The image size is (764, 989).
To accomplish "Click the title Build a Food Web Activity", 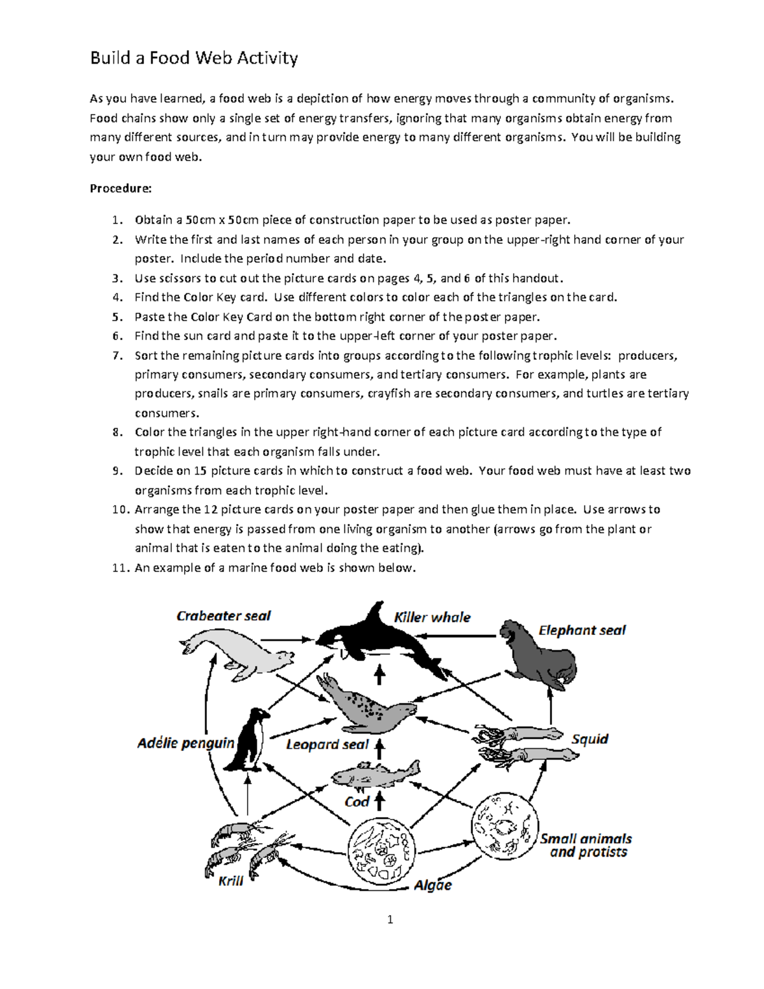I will pyautogui.click(x=194, y=58).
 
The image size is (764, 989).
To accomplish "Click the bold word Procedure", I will pyautogui.click(x=120, y=189).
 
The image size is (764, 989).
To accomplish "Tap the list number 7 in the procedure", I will pyautogui.click(x=117, y=355).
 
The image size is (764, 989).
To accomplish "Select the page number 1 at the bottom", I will pyautogui.click(x=390, y=919).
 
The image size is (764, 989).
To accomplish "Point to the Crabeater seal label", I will pyautogui.click(x=223, y=616).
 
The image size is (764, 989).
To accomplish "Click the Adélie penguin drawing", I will pyautogui.click(x=250, y=739).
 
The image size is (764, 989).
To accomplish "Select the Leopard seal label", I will pyautogui.click(x=327, y=744).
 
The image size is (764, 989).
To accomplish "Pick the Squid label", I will pyautogui.click(x=590, y=739).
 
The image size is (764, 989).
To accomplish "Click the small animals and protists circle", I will pyautogui.click(x=504, y=826).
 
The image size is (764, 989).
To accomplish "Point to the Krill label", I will pyautogui.click(x=230, y=881).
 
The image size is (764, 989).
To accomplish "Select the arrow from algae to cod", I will pyautogui.click(x=379, y=800).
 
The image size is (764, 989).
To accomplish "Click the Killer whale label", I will pyautogui.click(x=432, y=617).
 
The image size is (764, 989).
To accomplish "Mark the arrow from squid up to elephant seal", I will pyautogui.click(x=551, y=707).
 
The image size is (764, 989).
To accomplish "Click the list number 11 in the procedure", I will pyautogui.click(x=120, y=567).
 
